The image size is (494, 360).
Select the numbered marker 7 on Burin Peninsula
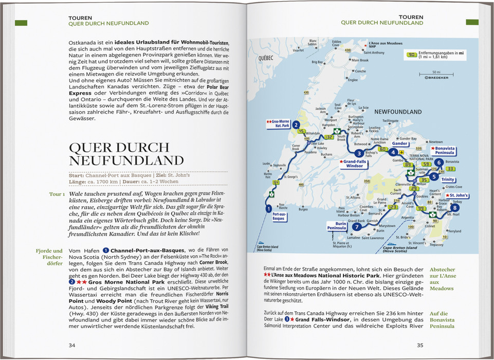click(x=356, y=226)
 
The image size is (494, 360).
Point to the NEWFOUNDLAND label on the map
click(x=398, y=112)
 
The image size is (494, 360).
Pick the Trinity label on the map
click(x=448, y=179)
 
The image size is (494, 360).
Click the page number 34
click(x=72, y=345)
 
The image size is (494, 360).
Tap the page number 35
click(x=420, y=345)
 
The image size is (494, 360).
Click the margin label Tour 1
click(x=56, y=194)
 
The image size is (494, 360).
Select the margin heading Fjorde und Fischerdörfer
click(x=50, y=255)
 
